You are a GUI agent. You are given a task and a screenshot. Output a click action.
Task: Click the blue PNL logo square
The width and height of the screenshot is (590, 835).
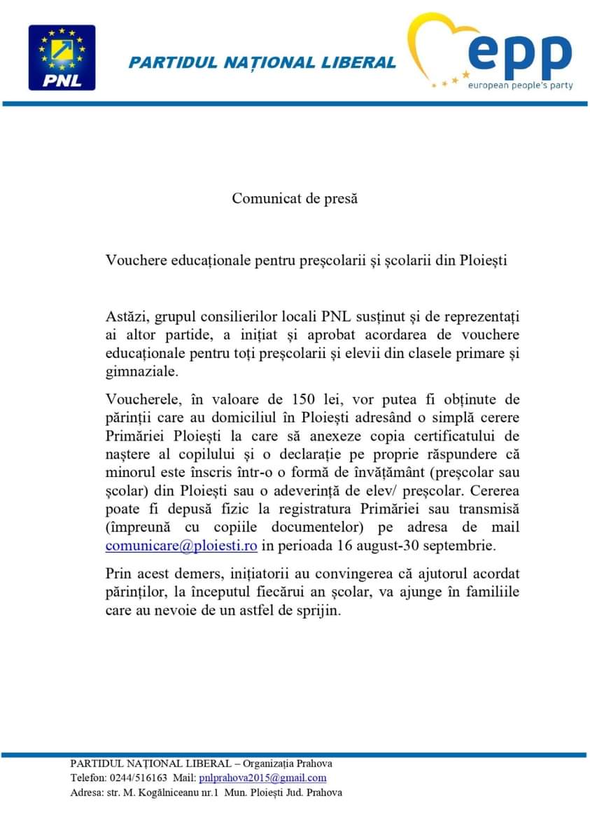pos(62,57)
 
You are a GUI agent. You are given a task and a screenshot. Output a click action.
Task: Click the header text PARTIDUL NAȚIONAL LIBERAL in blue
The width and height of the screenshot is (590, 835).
pos(262,62)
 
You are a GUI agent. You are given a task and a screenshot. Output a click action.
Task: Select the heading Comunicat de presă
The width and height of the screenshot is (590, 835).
pos(295,198)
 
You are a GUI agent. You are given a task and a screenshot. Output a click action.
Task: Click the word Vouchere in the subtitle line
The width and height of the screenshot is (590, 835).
pos(134,261)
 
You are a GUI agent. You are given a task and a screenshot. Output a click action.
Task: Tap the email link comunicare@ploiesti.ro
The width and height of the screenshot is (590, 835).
pos(181,544)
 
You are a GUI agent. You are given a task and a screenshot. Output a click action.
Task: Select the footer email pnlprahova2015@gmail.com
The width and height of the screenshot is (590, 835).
pos(262,778)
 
